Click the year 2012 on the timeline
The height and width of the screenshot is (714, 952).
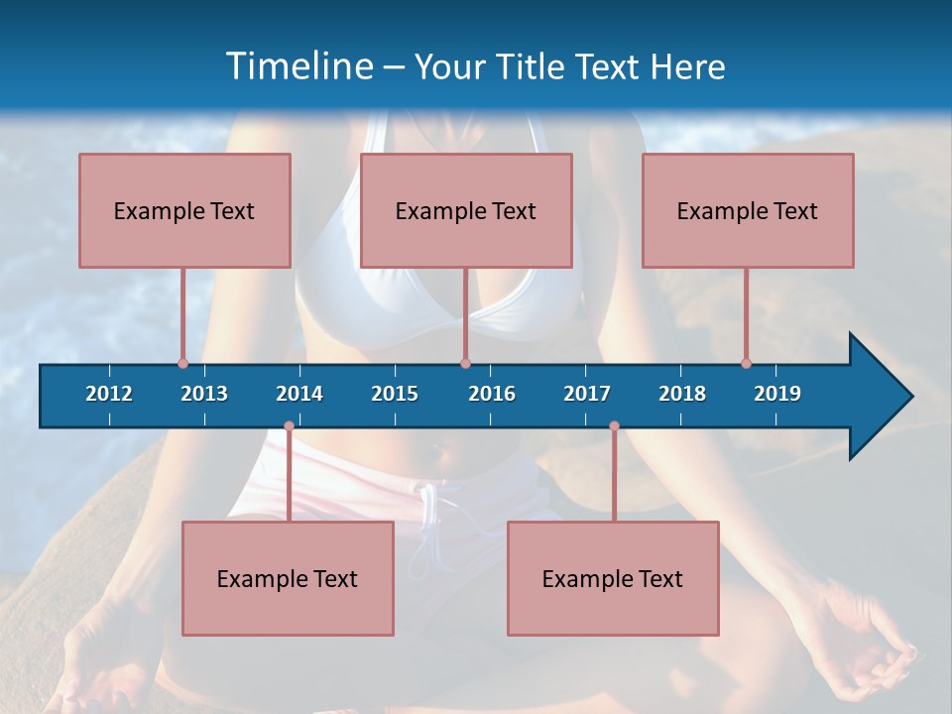coord(109,394)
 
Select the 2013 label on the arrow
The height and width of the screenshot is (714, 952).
coord(204,394)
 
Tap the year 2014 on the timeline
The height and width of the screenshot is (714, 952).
coord(299,394)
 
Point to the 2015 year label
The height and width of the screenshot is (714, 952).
coord(395,394)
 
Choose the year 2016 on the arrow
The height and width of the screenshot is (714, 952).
coord(492,394)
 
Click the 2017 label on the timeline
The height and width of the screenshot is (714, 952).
coord(587,394)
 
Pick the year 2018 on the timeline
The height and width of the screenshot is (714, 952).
coord(682,394)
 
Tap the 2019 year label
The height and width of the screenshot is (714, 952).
coord(777,394)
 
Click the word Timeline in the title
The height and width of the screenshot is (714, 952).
coord(297,66)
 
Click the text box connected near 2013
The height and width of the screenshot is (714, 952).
coord(184,210)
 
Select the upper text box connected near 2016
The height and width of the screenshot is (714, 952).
coord(466,210)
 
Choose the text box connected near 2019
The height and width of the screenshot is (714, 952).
coord(748,210)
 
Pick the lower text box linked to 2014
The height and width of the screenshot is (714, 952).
coord(288,578)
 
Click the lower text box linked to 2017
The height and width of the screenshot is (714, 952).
coord(613,578)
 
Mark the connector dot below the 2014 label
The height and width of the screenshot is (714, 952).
coord(289,426)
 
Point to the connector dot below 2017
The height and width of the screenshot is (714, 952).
coord(614,426)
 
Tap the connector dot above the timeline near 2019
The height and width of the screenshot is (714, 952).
coord(746,363)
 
